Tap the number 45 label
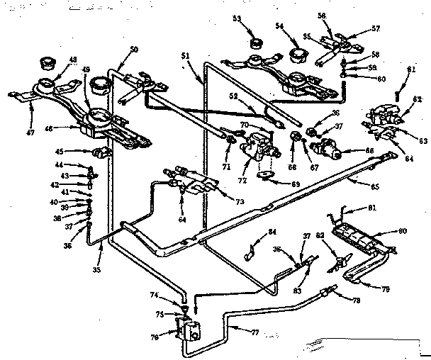point(59,150)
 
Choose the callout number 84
point(272,232)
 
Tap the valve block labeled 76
point(189,329)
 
